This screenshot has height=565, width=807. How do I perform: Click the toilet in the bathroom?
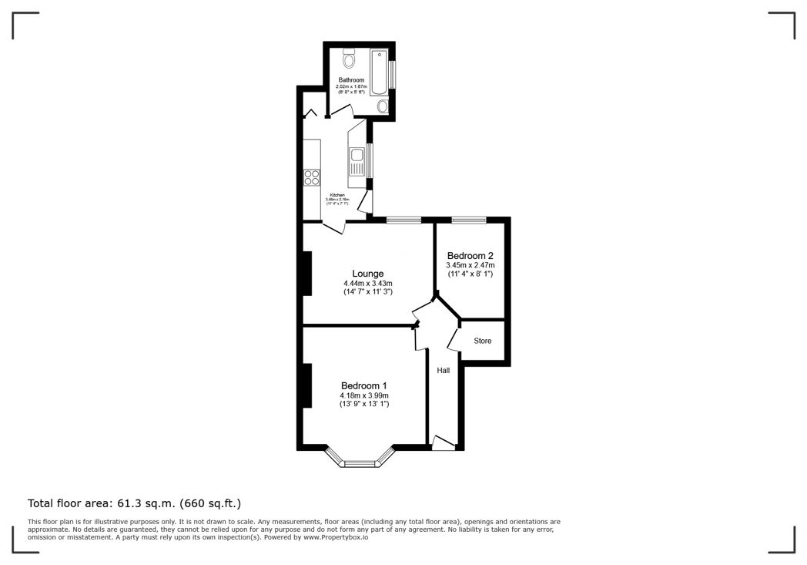(348, 58)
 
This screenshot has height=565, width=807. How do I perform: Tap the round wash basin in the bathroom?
(383, 106)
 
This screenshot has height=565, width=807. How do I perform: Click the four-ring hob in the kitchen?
(312, 177)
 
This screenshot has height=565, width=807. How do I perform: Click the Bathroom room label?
(351, 79)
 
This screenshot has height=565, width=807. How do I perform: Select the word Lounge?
(368, 274)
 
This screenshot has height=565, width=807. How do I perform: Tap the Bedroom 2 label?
(470, 256)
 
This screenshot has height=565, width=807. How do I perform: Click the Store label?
(483, 341)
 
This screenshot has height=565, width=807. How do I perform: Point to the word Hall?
(444, 371)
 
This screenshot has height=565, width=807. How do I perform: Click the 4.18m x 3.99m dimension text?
(364, 395)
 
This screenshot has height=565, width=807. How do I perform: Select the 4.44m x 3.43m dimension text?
(368, 284)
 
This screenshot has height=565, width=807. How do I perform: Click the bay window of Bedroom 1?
(358, 462)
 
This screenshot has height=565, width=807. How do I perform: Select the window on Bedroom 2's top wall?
(468, 220)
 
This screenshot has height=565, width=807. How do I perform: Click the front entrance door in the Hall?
(443, 442)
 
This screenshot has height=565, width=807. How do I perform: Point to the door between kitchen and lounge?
(334, 227)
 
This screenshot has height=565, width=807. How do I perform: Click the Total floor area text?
(135, 503)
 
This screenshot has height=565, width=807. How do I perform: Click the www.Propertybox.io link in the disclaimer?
(336, 537)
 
